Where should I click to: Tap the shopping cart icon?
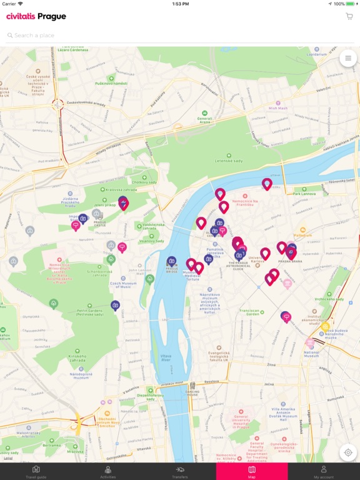click(349, 16)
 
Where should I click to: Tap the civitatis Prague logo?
click(36, 16)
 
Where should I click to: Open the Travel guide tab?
click(36, 471)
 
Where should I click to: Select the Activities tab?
click(108, 471)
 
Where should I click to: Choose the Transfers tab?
click(180, 471)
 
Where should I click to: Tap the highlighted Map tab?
click(252, 471)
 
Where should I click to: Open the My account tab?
click(324, 471)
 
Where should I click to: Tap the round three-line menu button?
click(347, 58)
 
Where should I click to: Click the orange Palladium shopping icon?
click(303, 230)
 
